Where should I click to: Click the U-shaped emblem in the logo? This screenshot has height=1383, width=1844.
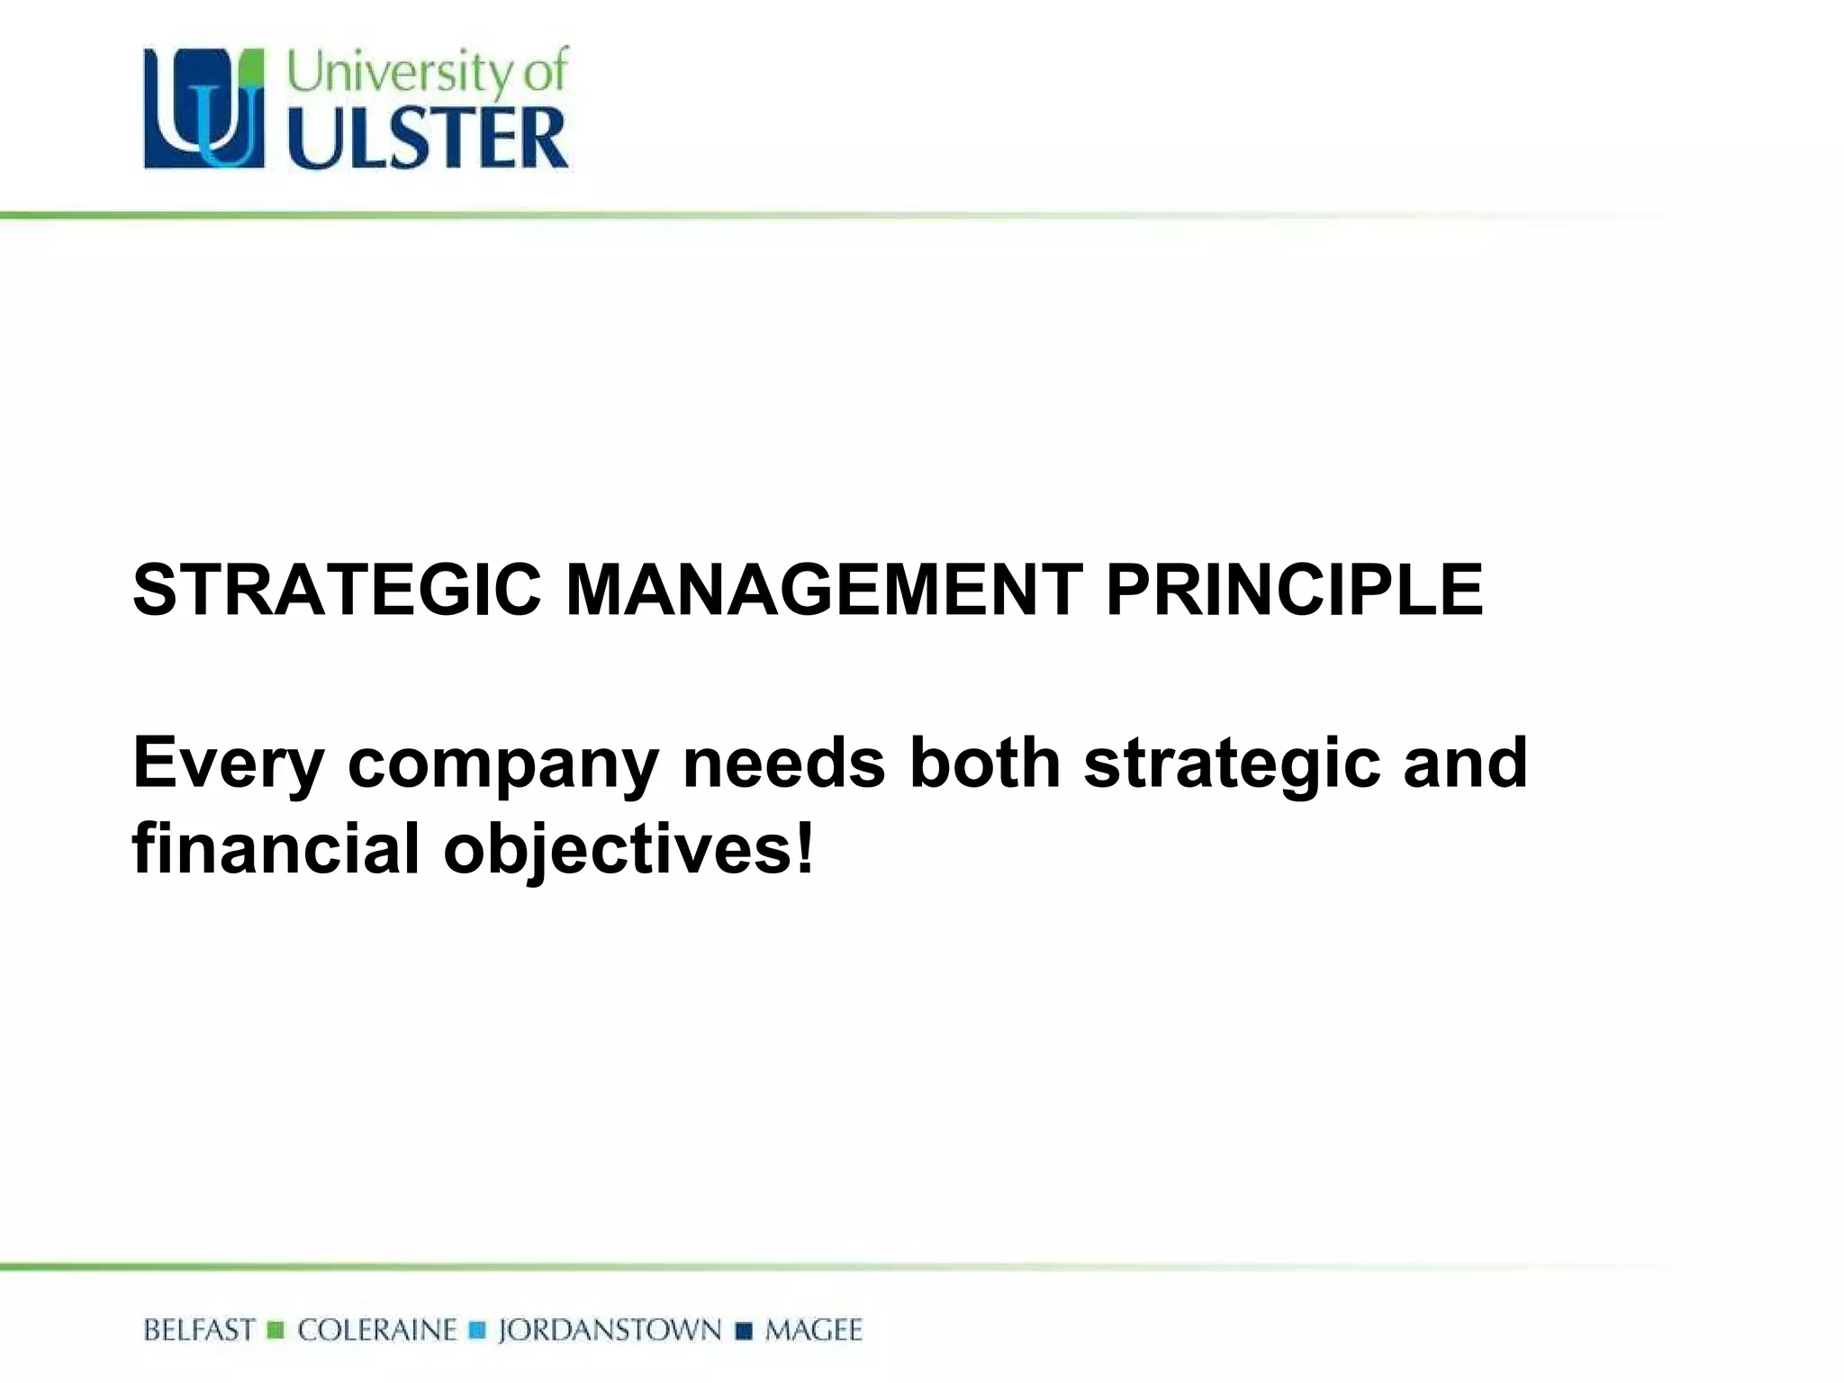(x=204, y=109)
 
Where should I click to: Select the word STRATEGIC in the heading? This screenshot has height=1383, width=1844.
(x=337, y=591)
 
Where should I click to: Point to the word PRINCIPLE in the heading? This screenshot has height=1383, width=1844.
(x=1294, y=591)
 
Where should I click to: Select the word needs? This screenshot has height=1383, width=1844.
(x=784, y=762)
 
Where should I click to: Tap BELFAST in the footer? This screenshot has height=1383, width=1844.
(x=199, y=1331)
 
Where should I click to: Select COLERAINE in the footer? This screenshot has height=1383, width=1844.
(x=377, y=1331)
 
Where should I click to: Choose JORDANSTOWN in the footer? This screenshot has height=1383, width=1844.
(x=610, y=1331)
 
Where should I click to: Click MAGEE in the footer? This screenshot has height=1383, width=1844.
(x=813, y=1331)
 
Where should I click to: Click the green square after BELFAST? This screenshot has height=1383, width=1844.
(x=276, y=1331)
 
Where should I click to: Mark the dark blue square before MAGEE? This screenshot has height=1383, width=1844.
(x=744, y=1331)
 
